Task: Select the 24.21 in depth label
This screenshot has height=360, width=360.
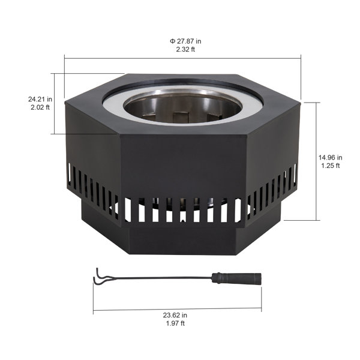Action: (40, 98)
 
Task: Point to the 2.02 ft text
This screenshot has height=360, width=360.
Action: (40, 107)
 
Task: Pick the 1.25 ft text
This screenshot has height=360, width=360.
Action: (329, 166)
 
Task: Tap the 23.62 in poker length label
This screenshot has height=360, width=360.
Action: (177, 314)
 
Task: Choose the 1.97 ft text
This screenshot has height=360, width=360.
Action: (177, 323)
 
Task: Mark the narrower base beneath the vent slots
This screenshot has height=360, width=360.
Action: (180, 240)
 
